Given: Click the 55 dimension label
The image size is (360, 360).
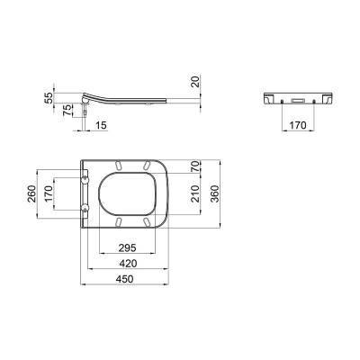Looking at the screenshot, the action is (x=49, y=98).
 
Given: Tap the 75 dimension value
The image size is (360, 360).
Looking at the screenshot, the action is (x=68, y=110).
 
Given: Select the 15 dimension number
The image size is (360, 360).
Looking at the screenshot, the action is (x=101, y=125).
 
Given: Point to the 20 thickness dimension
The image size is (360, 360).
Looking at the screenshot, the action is (x=195, y=81).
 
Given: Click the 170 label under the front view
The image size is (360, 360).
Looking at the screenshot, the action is (x=297, y=125).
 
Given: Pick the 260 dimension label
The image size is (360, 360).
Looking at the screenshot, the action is (x=31, y=193).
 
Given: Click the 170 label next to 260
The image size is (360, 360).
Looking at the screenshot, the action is (x=49, y=193).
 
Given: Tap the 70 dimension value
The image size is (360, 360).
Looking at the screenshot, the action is (x=195, y=166).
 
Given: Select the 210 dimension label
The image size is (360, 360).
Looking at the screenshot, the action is (x=195, y=193).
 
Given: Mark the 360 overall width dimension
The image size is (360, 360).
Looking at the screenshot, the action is (x=214, y=193).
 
